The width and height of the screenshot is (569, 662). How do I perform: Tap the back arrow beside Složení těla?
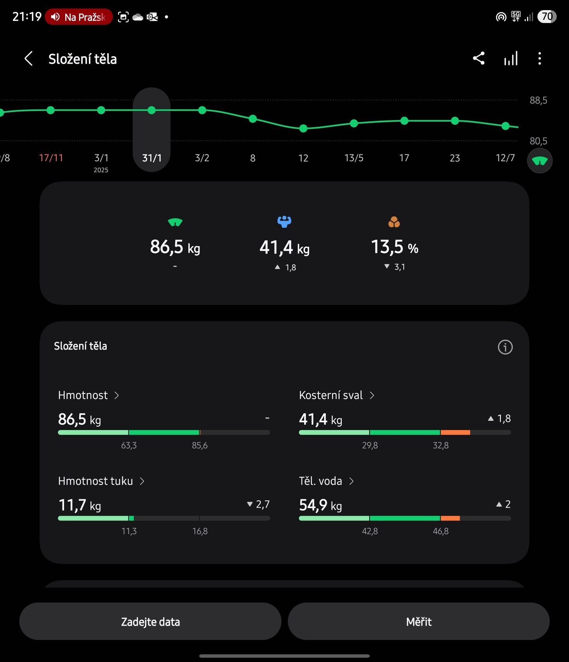[28, 59]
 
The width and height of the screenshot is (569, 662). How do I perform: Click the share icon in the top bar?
[479, 59]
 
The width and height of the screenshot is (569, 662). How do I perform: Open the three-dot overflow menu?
[540, 59]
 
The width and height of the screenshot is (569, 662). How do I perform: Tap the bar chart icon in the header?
[510, 59]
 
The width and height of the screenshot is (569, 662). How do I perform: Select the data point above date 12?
[303, 128]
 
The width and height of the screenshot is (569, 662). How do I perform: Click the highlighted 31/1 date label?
[152, 158]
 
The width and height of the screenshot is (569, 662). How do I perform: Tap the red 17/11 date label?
[51, 158]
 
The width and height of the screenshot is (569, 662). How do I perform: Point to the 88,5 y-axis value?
[538, 100]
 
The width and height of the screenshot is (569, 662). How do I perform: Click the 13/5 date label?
[354, 158]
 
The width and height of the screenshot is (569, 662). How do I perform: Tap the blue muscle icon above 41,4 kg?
[284, 221]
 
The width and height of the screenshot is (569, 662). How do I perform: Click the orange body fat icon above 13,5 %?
[394, 222]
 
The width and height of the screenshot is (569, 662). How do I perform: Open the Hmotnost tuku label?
[95, 481]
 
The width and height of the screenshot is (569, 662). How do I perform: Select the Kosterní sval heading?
[331, 395]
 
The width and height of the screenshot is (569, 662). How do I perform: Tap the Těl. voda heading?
[321, 481]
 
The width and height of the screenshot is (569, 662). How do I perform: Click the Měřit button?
[419, 621]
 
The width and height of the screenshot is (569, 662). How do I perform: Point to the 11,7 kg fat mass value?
[79, 505]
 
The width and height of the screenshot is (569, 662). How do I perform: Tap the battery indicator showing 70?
[547, 17]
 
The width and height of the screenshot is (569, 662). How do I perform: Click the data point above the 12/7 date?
[505, 126]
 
